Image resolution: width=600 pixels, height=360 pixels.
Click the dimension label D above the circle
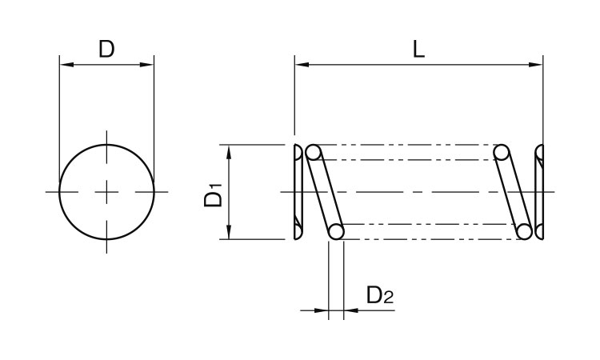tap(106, 49)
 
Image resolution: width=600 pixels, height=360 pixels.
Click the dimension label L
tap(419, 50)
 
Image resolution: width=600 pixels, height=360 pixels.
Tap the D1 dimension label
tap(213, 195)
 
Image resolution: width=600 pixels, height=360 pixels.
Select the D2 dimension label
tap(379, 295)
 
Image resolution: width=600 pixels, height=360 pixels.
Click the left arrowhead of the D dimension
tap(66, 64)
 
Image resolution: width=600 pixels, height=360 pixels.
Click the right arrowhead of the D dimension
tap(146, 64)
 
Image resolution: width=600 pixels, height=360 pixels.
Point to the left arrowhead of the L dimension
tap(302, 64)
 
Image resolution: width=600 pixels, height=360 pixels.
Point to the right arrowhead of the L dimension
tap(536, 64)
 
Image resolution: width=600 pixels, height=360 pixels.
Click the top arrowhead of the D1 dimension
tap(229, 152)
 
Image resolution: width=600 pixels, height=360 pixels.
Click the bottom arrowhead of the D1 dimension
tap(229, 232)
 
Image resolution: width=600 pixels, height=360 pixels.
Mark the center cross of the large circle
tap(106, 192)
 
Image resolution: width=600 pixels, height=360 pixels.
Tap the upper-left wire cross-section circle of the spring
tap(314, 152)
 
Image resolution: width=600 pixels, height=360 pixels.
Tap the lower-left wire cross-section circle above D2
tap(336, 232)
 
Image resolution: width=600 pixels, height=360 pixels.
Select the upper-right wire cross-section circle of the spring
tap(502, 152)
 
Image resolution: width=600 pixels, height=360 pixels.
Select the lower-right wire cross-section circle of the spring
tap(524, 232)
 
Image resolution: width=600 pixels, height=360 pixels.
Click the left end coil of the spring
tap(298, 192)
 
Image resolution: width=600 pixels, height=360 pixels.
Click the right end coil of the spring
tap(539, 192)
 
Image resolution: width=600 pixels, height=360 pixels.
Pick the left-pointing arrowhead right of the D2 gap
tap(351, 310)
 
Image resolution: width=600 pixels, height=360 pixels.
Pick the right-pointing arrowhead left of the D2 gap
tap(322, 310)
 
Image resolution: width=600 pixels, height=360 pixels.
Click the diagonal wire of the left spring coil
tap(325, 192)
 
